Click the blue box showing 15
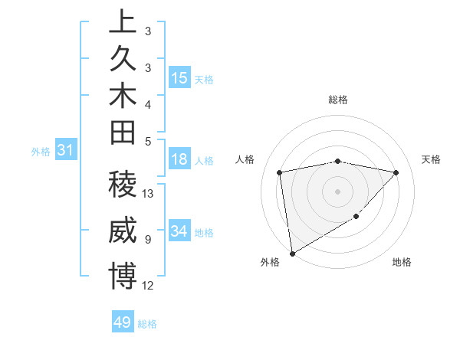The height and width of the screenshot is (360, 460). pyautogui.click(x=179, y=78)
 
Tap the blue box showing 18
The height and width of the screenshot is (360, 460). pyautogui.click(x=179, y=160)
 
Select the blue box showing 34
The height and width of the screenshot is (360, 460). pyautogui.click(x=179, y=232)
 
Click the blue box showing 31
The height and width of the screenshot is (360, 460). pyautogui.click(x=66, y=151)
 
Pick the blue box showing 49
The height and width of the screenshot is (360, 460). pyautogui.click(x=123, y=322)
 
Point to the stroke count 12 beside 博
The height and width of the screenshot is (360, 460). pyautogui.click(x=149, y=285)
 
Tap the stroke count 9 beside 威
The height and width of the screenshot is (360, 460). pyautogui.click(x=147, y=239)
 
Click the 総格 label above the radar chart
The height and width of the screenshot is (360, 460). pyautogui.click(x=338, y=100)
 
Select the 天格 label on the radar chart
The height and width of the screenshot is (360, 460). pyautogui.click(x=431, y=159)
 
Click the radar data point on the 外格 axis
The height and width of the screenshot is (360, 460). pyautogui.click(x=292, y=253)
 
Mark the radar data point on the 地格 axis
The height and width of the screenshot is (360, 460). pyautogui.click(x=356, y=217)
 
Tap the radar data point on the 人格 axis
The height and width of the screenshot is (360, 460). pyautogui.click(x=280, y=172)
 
